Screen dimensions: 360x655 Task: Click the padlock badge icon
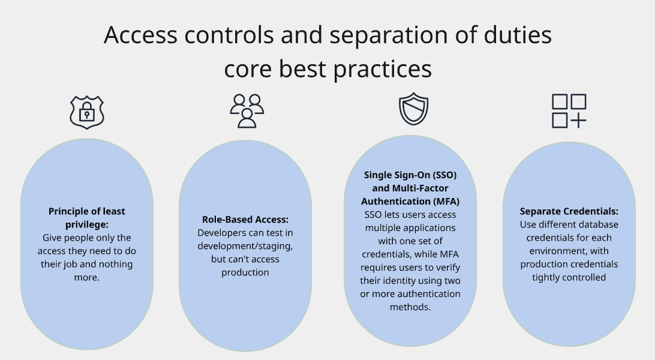coord(87,112)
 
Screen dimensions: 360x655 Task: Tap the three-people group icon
coord(247,110)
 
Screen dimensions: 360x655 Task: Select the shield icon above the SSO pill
coord(413,109)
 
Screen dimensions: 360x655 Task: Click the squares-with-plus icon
coord(569,111)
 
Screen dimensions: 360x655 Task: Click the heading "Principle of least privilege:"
coord(87,218)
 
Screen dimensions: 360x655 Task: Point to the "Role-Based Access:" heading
coord(245,220)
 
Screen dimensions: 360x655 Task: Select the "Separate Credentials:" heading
coord(569,211)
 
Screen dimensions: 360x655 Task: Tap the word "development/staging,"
coord(245,246)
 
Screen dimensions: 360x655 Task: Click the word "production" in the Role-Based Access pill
coord(245,272)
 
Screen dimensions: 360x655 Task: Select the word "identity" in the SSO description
coord(396,281)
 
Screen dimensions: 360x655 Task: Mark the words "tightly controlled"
coord(569,277)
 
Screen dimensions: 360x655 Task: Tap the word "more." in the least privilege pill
coord(87,277)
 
